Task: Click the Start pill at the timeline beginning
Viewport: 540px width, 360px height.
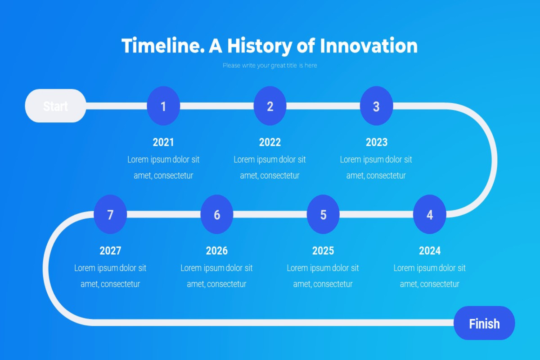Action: (x=55, y=106)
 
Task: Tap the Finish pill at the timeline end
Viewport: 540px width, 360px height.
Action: (x=484, y=323)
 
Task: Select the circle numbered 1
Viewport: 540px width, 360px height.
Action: (x=163, y=106)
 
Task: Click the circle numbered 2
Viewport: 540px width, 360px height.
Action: (x=270, y=106)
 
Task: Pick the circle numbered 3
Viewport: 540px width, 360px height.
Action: (x=376, y=106)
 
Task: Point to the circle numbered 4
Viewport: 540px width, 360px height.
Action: (x=430, y=214)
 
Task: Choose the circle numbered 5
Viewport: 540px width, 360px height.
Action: (x=323, y=214)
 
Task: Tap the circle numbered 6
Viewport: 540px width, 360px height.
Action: (x=217, y=214)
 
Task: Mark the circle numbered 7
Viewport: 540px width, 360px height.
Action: (x=110, y=214)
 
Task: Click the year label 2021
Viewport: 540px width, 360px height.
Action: (x=163, y=142)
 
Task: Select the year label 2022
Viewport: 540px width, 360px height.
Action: (x=270, y=142)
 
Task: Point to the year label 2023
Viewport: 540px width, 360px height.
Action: (x=377, y=142)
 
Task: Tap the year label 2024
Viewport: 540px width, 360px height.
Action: (x=430, y=251)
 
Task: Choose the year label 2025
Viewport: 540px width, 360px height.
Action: (x=323, y=251)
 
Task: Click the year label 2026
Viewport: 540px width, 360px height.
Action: (x=217, y=251)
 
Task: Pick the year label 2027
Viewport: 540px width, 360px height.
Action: (x=110, y=251)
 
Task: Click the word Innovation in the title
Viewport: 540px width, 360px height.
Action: (x=369, y=45)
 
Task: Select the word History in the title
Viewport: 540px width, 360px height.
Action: (x=260, y=46)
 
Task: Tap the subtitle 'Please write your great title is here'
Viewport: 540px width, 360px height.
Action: (x=270, y=65)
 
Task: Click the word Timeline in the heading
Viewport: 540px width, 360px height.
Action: (x=163, y=45)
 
